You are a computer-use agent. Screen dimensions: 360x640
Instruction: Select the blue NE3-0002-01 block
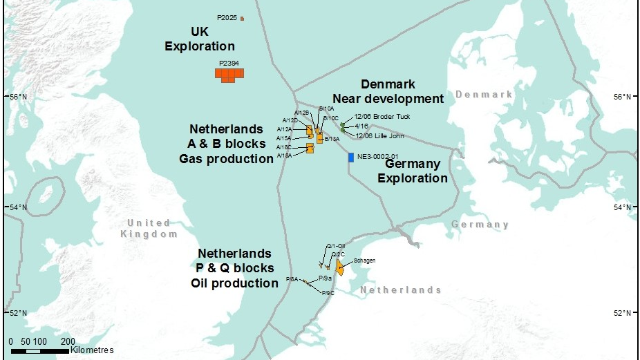351,158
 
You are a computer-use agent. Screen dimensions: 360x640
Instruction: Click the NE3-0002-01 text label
379,157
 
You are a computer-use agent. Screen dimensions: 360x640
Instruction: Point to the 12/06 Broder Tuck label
382,117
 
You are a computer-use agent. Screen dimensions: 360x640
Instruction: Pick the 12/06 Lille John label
378,135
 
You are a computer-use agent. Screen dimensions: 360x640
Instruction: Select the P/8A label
292,279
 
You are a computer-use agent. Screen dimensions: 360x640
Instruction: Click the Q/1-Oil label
336,246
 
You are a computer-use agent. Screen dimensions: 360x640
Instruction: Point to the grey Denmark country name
484,94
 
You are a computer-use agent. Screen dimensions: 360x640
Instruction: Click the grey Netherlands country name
400,290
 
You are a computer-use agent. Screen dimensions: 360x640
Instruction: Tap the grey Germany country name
480,225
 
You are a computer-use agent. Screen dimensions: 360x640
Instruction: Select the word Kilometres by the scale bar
91,350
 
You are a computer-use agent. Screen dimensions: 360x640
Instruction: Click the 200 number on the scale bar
68,341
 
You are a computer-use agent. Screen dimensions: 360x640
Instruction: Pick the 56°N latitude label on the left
16,97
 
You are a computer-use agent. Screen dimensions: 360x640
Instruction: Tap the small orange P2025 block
242,18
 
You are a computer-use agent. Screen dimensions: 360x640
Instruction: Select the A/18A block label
283,155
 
